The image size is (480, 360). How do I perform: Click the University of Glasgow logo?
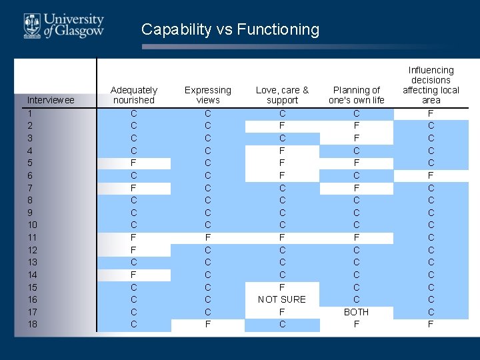coord(64,25)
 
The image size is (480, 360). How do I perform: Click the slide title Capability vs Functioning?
coord(230,29)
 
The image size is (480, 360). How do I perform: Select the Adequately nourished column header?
coord(133,95)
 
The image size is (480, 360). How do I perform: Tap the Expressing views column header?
coord(208,95)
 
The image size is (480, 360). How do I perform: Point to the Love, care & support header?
coord(282,95)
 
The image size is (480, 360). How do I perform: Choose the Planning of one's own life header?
coord(357,95)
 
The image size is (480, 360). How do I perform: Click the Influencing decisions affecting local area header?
coord(431,85)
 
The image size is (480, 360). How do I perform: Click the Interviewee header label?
coord(51,100)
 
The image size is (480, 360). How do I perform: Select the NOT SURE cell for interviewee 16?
coord(282,299)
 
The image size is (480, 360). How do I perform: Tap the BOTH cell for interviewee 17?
coord(357,312)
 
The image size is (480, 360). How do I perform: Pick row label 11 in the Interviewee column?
coord(33,237)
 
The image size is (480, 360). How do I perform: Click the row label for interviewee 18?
coord(33,324)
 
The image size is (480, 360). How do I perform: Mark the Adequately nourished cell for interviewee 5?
coord(133,163)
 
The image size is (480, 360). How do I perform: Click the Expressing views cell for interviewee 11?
coord(208,237)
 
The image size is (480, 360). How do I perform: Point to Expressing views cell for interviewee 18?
coord(208,324)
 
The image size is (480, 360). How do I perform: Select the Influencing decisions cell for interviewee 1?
coord(431,113)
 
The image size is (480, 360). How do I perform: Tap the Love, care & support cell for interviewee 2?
coord(282,125)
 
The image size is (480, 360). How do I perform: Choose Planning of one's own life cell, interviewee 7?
coord(357,188)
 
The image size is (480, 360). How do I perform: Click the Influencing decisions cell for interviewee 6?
coord(431,175)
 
